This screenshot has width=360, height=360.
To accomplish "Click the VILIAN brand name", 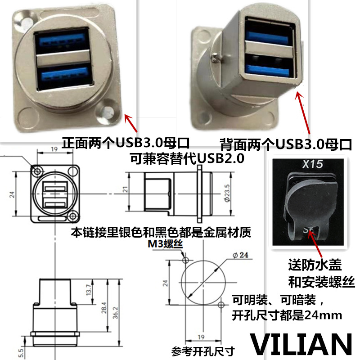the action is [x=301, y=344].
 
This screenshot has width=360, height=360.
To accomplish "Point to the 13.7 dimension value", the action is [x=89, y=289].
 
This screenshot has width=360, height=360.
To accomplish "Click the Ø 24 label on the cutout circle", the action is [x=241, y=256].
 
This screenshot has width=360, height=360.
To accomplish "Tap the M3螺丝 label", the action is [x=164, y=244].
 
